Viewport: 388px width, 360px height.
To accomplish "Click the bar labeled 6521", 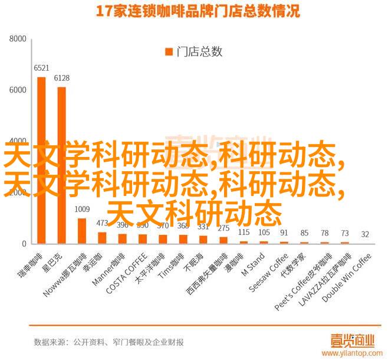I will tap(41, 160).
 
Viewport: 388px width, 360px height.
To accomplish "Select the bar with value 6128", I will tap(61, 165).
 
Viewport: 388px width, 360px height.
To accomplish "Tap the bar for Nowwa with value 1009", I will tap(82, 231).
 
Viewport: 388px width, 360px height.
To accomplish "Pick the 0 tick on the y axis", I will tap(24, 244).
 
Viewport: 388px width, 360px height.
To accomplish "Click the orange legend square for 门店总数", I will tap(169, 52).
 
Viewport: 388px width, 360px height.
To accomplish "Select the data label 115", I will tap(244, 232).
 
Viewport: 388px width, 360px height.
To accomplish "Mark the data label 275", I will tap(223, 228).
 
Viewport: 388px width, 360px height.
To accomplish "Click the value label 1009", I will tap(82, 209).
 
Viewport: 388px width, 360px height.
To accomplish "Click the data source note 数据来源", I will tap(108, 342).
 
